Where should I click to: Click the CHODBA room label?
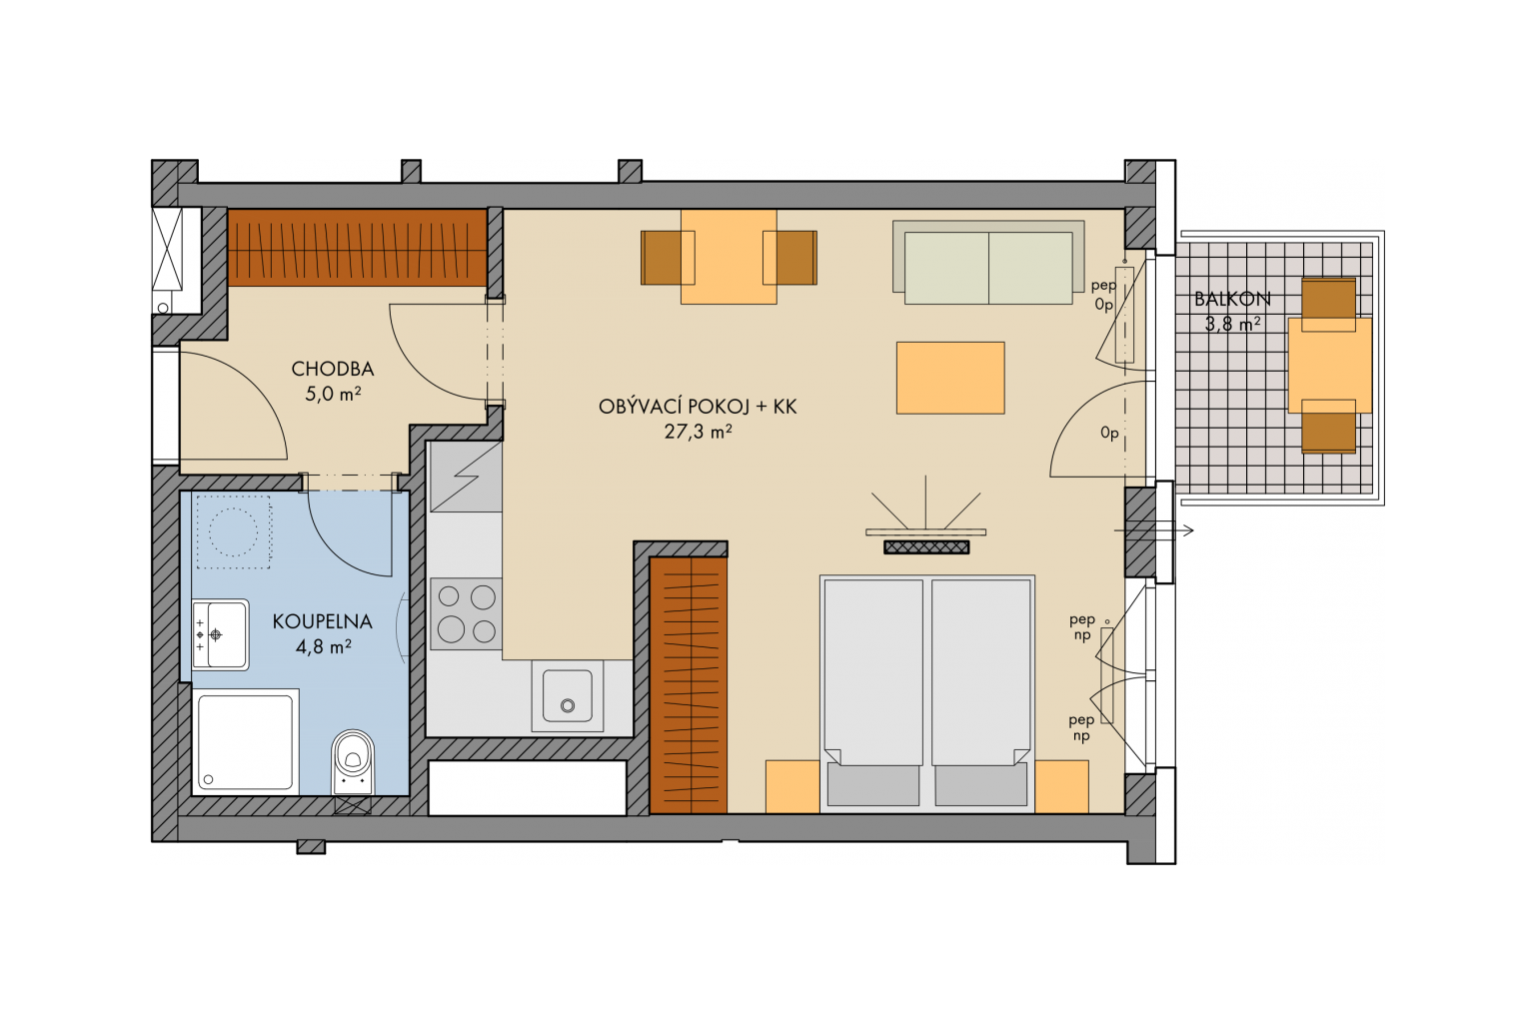pos(333,370)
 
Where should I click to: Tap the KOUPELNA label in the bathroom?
pos(322,621)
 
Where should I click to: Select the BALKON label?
pos(1233,299)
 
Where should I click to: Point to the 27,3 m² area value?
pos(698,432)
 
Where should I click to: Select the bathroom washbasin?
pos(220,634)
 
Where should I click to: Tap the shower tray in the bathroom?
pos(245,742)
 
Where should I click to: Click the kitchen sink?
pos(568,696)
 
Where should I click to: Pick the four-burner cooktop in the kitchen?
pos(466,614)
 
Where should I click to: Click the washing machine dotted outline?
pos(234,531)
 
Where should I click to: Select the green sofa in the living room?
pos(988,263)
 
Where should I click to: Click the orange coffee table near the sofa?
pos(950,379)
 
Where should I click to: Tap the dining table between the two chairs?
pos(729,257)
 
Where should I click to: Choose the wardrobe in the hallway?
pos(357,248)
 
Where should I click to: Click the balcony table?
pos(1330,366)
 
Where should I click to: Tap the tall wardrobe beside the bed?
pos(688,685)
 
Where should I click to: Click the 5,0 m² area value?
pos(333,394)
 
